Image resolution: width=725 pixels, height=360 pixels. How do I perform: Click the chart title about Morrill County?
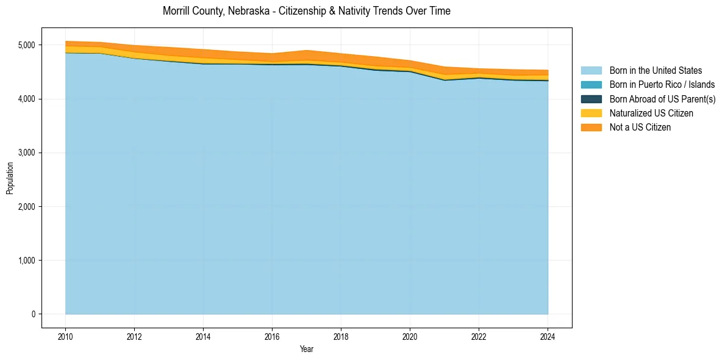pos(307,11)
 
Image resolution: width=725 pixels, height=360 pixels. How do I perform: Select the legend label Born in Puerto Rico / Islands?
pos(662,85)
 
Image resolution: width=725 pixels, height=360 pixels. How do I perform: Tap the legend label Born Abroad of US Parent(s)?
pos(662,99)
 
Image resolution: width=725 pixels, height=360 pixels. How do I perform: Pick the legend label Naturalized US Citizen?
pos(651,113)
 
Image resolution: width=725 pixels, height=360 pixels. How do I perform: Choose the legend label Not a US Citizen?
pos(640,127)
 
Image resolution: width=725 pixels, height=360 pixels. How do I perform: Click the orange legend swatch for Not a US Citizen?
pos(591,127)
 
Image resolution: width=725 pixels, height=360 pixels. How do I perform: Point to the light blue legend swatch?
pos(591,71)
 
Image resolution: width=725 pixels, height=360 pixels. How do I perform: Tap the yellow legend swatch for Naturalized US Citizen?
pos(591,113)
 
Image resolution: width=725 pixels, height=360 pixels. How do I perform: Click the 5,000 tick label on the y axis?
pos(27,45)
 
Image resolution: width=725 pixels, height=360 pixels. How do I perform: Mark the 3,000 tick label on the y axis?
pos(27,153)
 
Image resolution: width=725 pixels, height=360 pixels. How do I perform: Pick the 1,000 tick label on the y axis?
pos(27,261)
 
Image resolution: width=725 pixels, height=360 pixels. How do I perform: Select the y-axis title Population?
pos(10,178)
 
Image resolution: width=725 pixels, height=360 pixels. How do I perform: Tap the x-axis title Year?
pos(307,349)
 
